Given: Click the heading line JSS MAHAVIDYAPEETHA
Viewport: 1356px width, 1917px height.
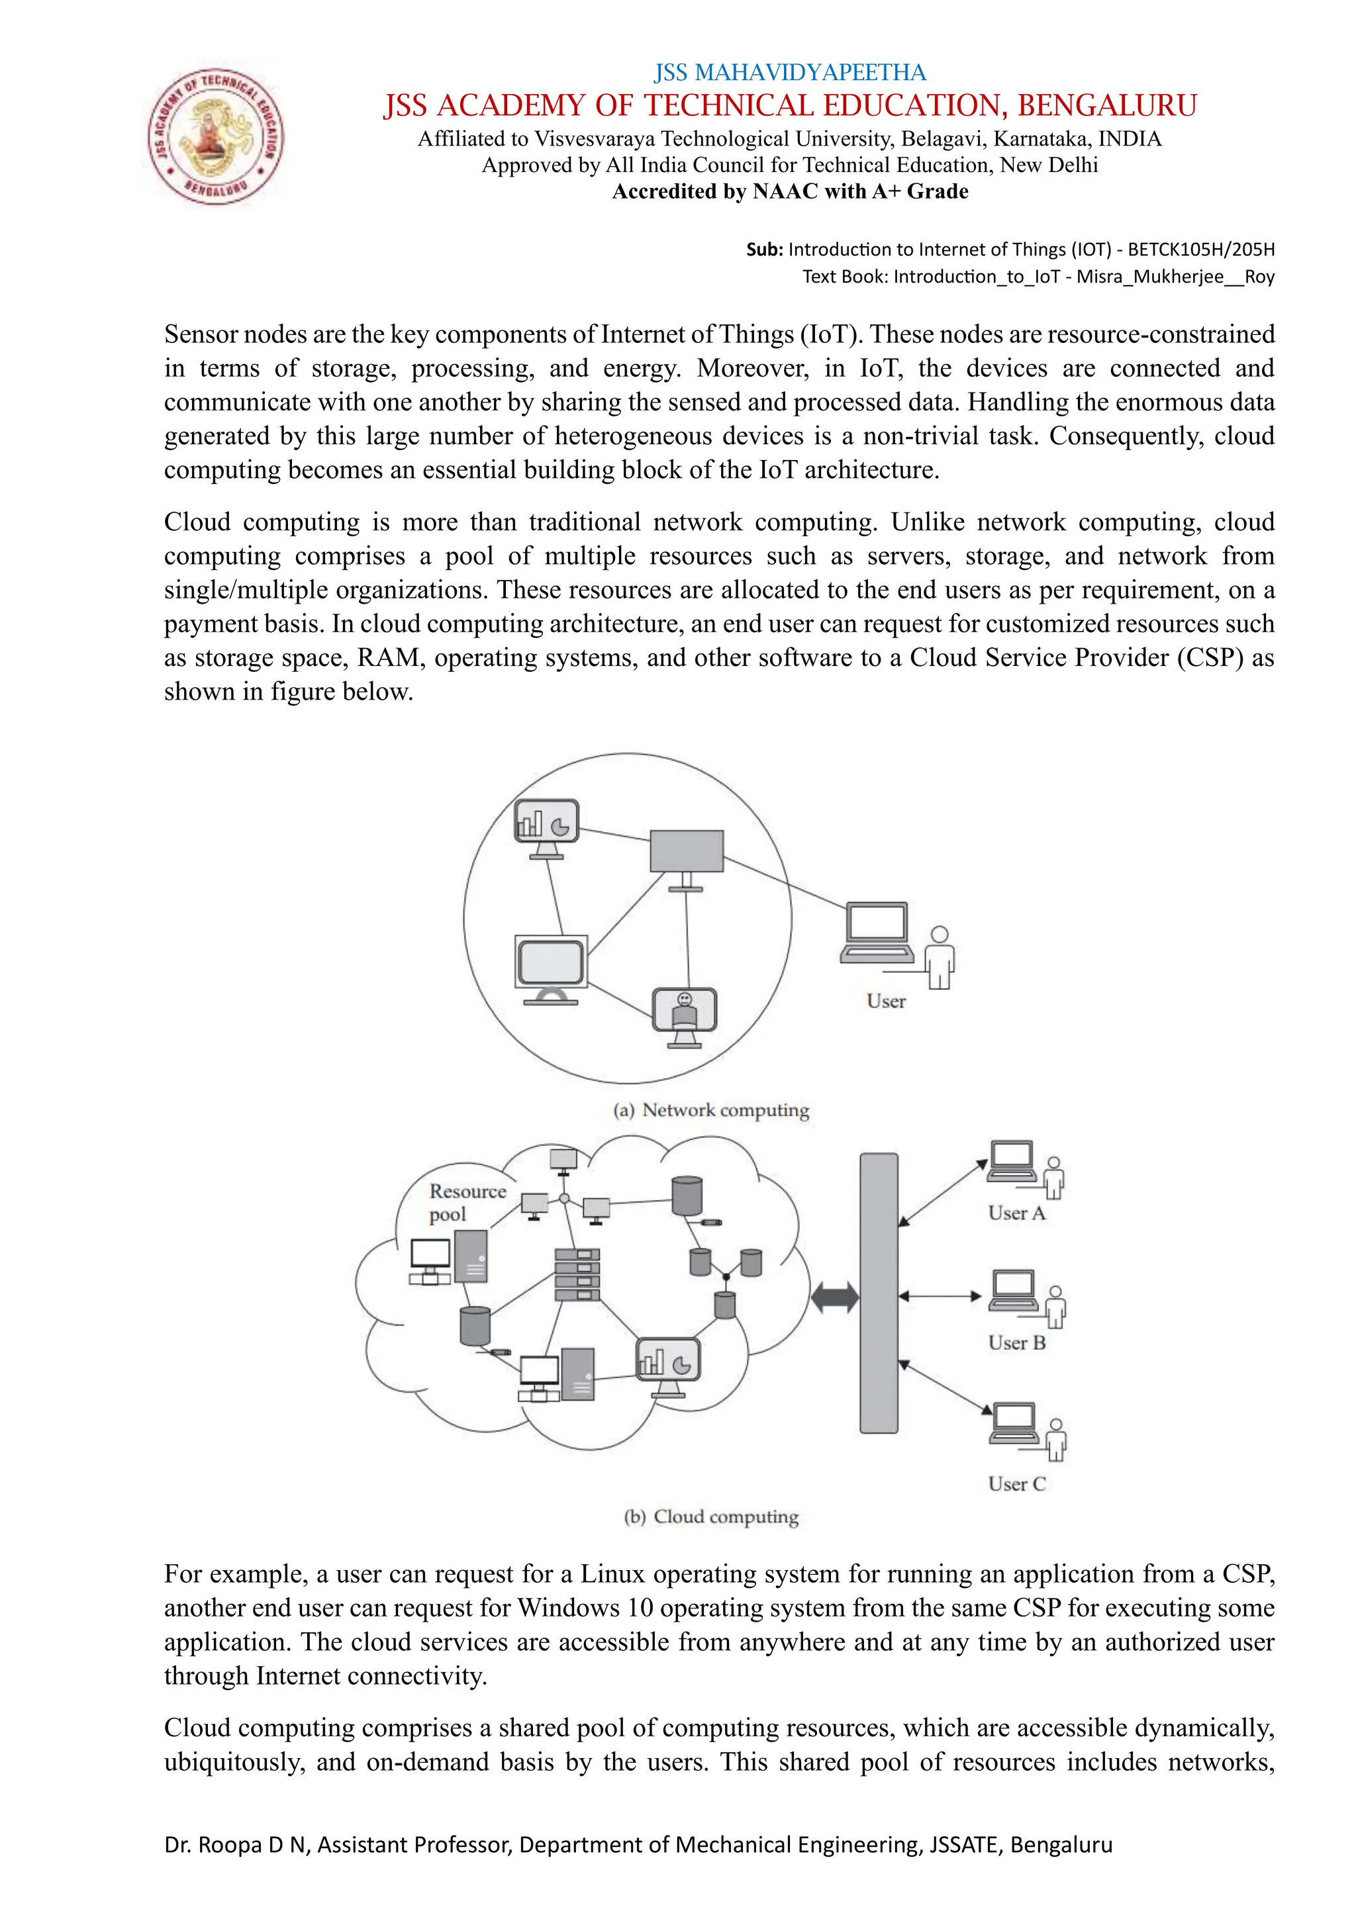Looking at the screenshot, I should coord(790,73).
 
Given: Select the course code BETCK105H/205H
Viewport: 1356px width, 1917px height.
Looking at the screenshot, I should coord(1200,250).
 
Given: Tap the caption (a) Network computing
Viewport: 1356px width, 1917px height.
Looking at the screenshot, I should coord(711,1111).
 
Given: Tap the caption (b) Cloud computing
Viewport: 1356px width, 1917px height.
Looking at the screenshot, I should coord(711,1517).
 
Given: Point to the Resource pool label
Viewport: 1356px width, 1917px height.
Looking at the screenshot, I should coord(466,1202).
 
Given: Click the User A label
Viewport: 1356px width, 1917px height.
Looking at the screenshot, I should coord(1016,1213).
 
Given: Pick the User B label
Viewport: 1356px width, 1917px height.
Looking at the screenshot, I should coord(1016,1343).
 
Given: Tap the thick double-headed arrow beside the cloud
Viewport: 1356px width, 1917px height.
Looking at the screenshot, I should coord(834,1297).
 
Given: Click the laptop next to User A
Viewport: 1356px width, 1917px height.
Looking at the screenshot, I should coord(1012,1162).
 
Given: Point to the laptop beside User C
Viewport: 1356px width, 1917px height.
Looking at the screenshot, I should coord(1014,1423).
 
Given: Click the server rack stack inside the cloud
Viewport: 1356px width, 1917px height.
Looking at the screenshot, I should coord(577,1275).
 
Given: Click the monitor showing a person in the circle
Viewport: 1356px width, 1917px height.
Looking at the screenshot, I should coord(685,1013).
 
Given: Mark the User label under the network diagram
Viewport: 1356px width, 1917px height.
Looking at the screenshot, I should coord(886,1001).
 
